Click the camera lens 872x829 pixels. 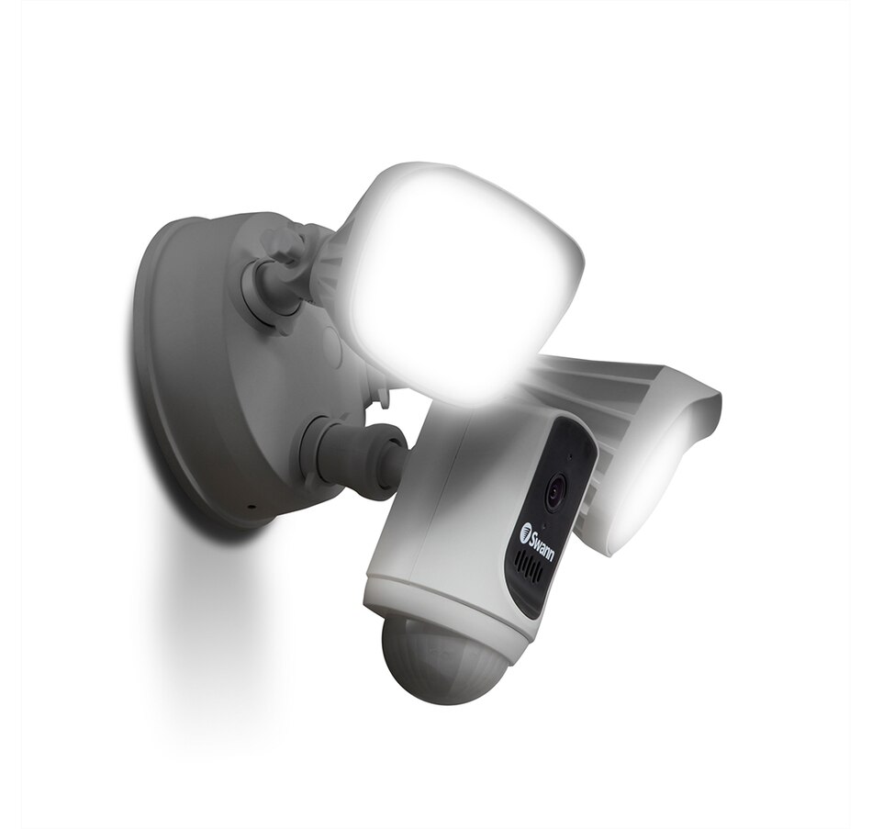pyautogui.click(x=555, y=493)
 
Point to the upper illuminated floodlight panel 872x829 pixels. pyautogui.click(x=459, y=275)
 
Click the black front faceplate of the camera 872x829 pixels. pyautogui.click(x=551, y=514)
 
